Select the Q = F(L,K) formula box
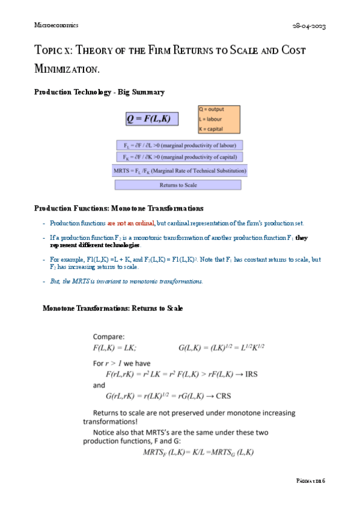coord(152,119)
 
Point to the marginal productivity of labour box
coord(179,146)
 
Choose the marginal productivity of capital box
coord(179,157)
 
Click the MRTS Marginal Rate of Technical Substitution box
coord(180,171)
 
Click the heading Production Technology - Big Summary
coord(99,92)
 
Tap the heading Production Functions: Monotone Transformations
coord(118,208)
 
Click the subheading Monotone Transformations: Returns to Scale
coord(112,308)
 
